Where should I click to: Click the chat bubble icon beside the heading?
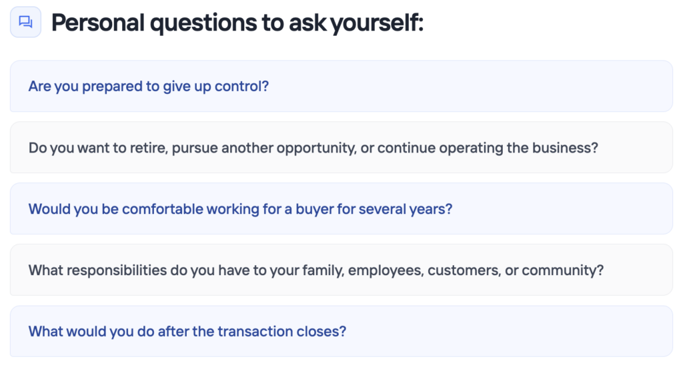pyautogui.click(x=26, y=22)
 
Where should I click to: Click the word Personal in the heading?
pyautogui.click(x=97, y=23)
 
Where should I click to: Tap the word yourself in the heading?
pyautogui.click(x=377, y=23)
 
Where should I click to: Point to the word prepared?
pyautogui.click(x=112, y=87)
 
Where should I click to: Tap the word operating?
pyautogui.click(x=471, y=149)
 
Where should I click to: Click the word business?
pyautogui.click(x=566, y=148)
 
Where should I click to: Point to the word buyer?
pyautogui.click(x=315, y=209)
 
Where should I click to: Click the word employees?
pyautogui.click(x=386, y=271)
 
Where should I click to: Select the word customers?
pyautogui.click(x=464, y=270)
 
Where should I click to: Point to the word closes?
pyautogui.click(x=321, y=332)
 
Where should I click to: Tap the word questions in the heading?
pyautogui.click(x=204, y=23)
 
